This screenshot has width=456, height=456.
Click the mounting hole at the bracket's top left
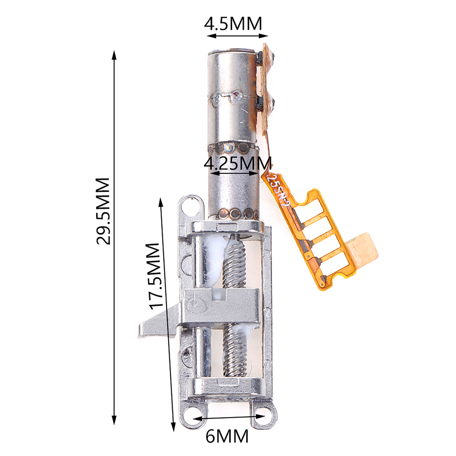(190, 204)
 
